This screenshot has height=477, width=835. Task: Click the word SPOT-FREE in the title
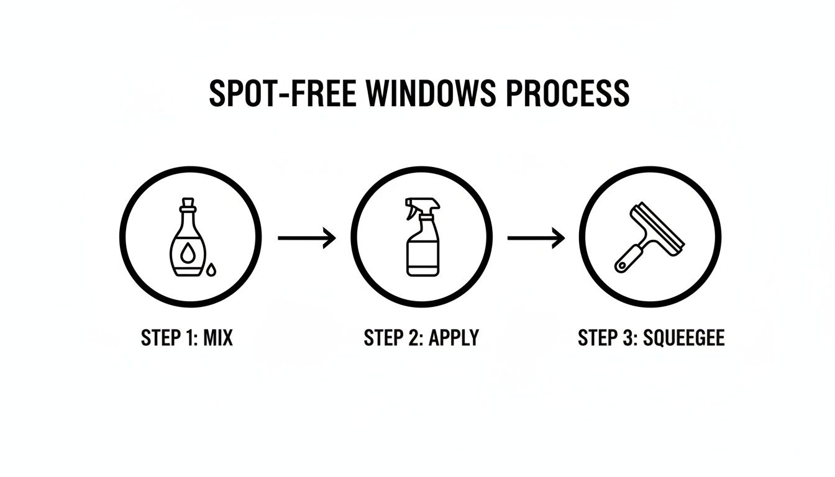click(x=282, y=93)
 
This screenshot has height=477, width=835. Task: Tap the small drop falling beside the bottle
click(x=212, y=269)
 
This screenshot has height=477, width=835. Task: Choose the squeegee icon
click(x=649, y=237)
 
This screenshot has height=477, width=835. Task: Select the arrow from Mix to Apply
click(x=306, y=238)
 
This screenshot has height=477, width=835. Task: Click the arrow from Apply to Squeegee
click(x=536, y=238)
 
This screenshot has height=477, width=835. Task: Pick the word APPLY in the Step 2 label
click(x=456, y=338)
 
